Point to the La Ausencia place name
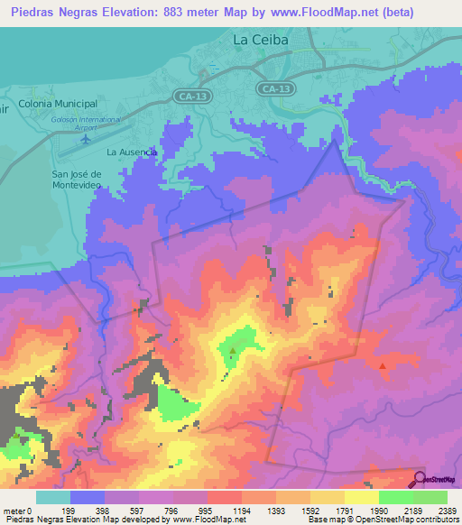[x=132, y=152]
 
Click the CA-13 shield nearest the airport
[x=189, y=95]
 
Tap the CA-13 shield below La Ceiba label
[x=273, y=88]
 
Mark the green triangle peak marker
[x=233, y=350]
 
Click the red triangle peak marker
[x=383, y=365]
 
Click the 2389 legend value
[x=448, y=511]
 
